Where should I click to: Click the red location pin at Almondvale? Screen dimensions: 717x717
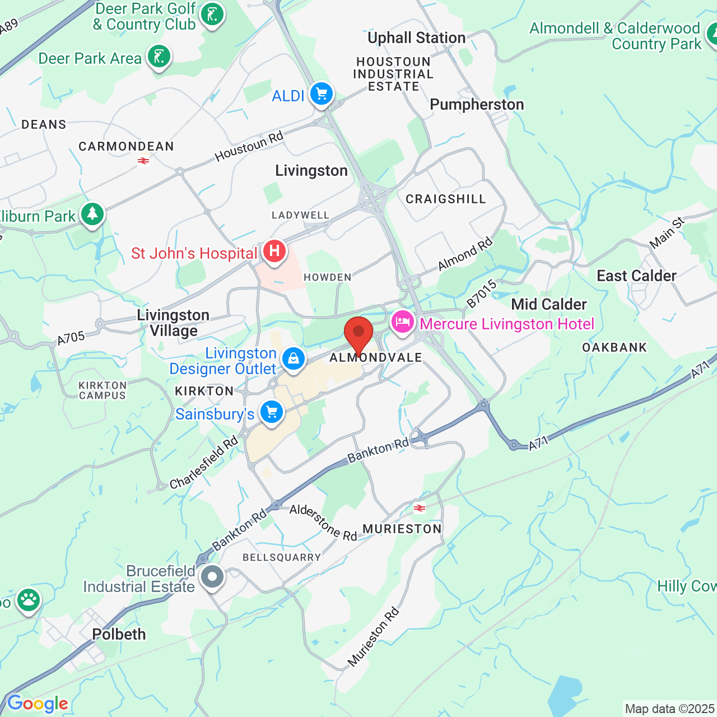coord(358,334)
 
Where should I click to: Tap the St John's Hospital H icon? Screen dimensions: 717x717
coord(274,250)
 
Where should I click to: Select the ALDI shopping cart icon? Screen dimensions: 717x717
coord(321,94)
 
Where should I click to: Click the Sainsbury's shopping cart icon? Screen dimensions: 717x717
coord(272,412)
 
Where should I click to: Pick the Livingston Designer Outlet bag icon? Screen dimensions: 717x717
coord(293,358)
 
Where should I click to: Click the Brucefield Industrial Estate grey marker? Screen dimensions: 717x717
coord(212,576)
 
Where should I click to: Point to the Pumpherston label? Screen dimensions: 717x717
coord(477,105)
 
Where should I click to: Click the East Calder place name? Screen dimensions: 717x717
coord(636,276)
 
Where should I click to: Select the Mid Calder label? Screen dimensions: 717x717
coord(549,304)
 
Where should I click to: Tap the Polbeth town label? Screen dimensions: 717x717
coord(119,634)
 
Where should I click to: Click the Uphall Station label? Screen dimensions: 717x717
coord(416,38)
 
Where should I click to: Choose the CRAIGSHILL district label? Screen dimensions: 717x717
coord(445,199)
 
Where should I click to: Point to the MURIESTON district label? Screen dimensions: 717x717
coord(402,529)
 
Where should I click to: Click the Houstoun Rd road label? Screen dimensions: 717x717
coord(249,146)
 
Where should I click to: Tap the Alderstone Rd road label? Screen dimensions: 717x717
coord(323,522)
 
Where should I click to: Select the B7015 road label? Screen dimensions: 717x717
coord(481,294)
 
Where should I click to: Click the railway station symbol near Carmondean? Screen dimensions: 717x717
coord(143,161)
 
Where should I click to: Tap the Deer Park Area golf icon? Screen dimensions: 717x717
coord(159,57)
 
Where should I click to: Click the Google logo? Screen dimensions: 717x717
coord(38,704)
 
